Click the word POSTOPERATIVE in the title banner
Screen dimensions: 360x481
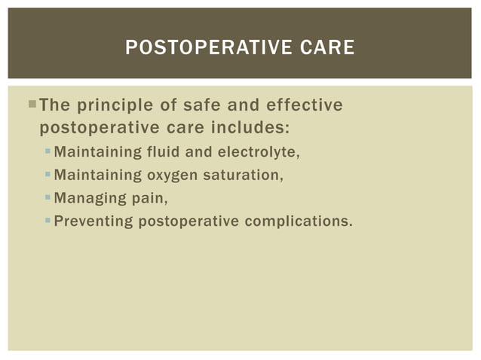tap(199, 48)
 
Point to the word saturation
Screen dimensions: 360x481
tap(239, 175)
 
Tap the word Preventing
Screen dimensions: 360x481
tap(93, 221)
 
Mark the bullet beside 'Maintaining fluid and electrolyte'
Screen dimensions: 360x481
tap(47, 152)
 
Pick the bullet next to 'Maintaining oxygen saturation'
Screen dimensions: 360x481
tap(47, 175)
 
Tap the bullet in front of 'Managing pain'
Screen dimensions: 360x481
tap(47, 198)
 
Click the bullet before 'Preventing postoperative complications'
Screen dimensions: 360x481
tap(47, 221)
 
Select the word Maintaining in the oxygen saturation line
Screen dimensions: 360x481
tap(98, 175)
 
